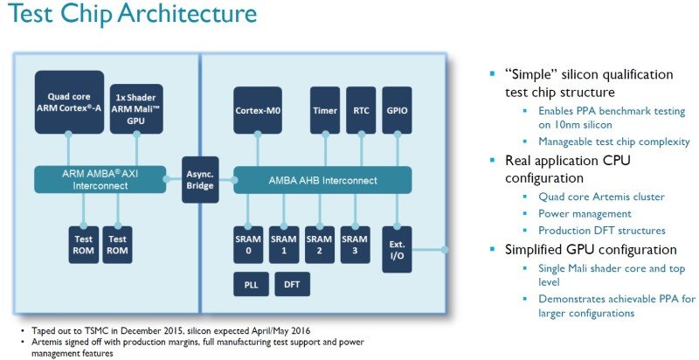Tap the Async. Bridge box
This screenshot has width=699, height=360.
click(200, 180)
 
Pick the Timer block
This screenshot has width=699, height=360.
click(324, 112)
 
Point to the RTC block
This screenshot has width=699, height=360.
click(361, 112)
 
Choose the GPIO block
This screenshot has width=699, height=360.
click(397, 112)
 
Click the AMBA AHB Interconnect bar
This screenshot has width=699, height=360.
click(324, 180)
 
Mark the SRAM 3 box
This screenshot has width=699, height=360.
click(355, 244)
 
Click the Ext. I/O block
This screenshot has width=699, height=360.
click(398, 249)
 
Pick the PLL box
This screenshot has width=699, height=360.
click(250, 285)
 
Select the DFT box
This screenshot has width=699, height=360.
click(291, 285)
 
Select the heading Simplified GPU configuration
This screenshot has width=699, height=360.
click(591, 249)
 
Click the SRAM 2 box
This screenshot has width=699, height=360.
click(320, 244)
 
